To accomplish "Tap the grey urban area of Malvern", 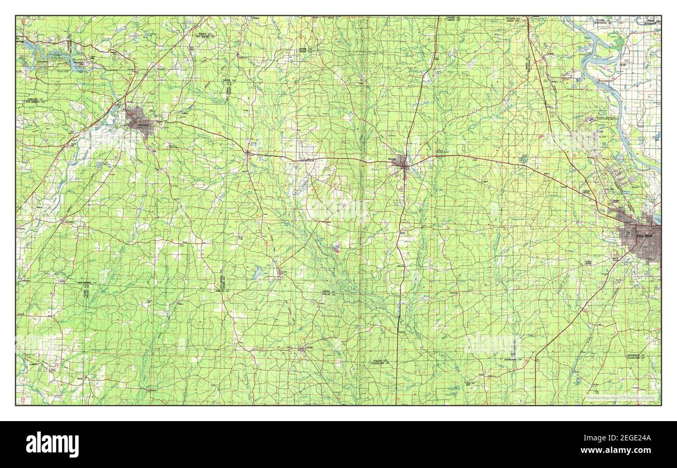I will click(x=140, y=120).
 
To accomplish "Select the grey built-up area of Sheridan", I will click(x=400, y=162).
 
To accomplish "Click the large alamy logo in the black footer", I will click(x=53, y=444).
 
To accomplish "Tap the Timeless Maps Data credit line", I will click(x=620, y=398).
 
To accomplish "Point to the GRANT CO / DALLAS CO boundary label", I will click(x=328, y=293).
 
